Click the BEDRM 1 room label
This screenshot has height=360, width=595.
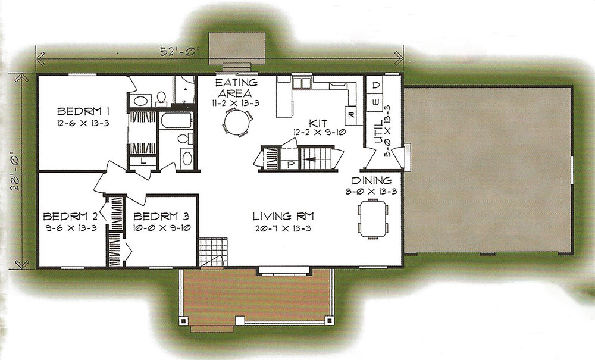click(83, 111)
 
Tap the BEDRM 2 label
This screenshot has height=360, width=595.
click(70, 216)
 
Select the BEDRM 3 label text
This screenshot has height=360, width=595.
click(161, 216)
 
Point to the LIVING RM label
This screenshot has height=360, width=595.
click(283, 216)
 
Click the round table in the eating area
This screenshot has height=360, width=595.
click(238, 122)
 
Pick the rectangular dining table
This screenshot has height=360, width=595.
click(374, 218)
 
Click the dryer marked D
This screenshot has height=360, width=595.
click(375, 86)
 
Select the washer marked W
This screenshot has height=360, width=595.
click(375, 102)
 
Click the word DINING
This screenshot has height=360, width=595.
click(371, 180)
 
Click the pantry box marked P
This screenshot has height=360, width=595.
click(291, 164)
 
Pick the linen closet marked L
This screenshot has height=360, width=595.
click(143, 161)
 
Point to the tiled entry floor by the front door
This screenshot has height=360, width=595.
click(213, 252)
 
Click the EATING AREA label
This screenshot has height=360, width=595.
click(236, 87)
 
